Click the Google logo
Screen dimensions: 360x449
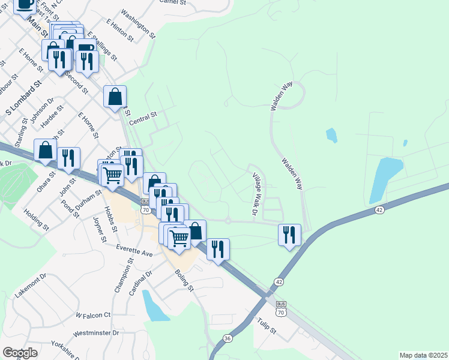point(20,353)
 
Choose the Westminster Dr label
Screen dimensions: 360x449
point(96,332)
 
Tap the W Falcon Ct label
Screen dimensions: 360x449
point(94,314)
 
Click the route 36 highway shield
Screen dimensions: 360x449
point(228,338)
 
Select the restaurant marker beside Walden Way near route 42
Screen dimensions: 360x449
point(289,235)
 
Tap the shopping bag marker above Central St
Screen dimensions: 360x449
point(115,97)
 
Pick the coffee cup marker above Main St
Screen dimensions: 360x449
point(25,5)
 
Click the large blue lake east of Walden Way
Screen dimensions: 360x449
point(385,179)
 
